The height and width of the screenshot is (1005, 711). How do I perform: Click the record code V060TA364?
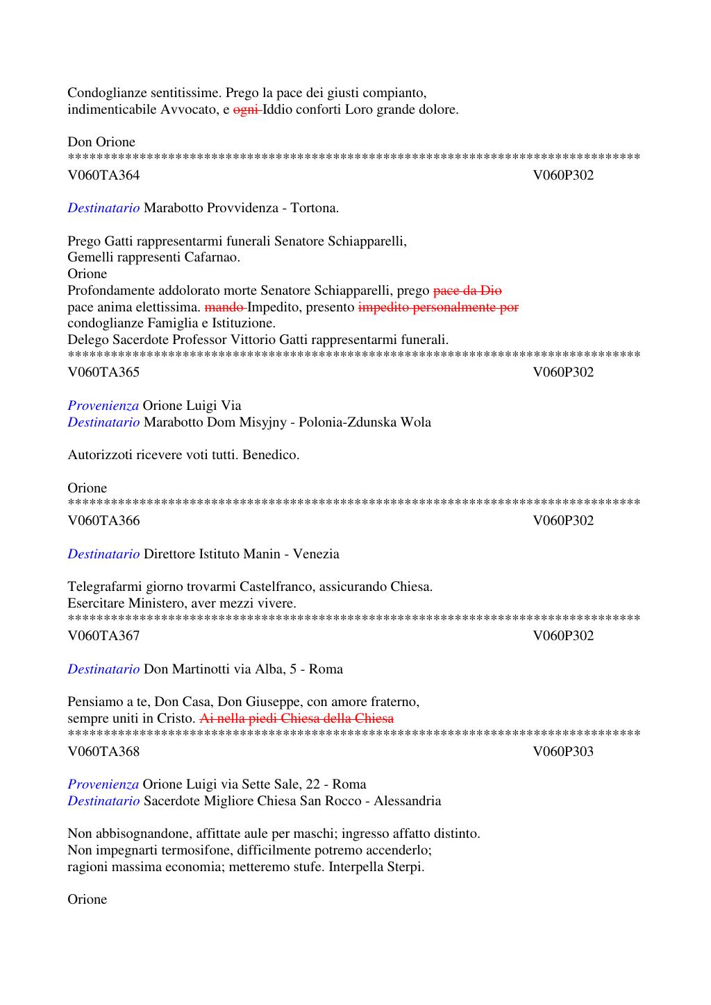point(103,175)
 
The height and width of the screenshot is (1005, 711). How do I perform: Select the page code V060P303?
point(563,751)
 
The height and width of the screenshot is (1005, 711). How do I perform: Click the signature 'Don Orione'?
point(101,142)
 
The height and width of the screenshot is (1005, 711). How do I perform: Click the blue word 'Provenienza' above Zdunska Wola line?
point(103,406)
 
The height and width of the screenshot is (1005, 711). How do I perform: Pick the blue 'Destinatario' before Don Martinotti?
point(103,669)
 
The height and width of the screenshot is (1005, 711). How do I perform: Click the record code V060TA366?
point(103,521)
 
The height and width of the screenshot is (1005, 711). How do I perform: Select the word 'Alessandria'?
point(407,801)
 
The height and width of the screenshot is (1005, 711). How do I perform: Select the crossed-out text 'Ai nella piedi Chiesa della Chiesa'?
point(296,719)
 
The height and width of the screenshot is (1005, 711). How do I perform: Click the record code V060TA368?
point(103,751)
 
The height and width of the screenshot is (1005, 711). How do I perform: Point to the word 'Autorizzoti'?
point(101,455)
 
